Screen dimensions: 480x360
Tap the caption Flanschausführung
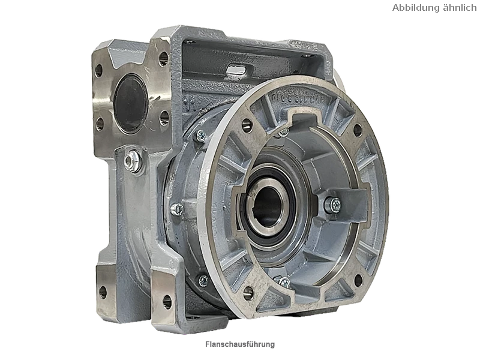click(240, 344)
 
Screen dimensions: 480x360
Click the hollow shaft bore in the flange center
click(268, 206)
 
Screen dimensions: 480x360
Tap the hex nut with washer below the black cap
click(133, 160)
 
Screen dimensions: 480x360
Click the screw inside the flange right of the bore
click(333, 205)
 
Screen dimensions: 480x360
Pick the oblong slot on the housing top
click(236, 69)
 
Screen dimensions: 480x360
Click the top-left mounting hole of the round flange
click(247, 125)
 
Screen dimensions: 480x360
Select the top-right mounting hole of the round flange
click(358, 130)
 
